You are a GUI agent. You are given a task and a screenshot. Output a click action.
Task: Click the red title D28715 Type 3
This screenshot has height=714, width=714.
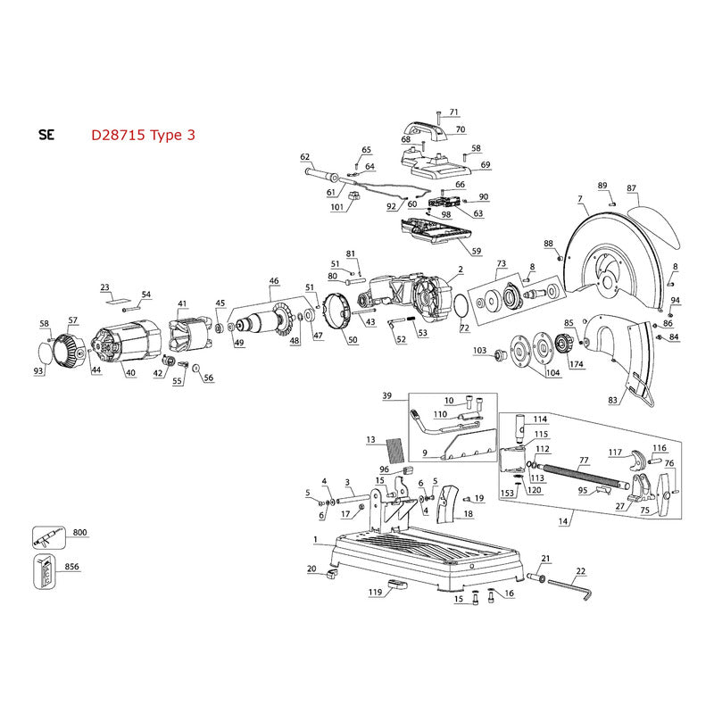point(143,136)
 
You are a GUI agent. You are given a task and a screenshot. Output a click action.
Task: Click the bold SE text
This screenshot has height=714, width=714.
point(46,136)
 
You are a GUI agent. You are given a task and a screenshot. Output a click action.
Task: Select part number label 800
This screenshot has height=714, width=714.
point(79,532)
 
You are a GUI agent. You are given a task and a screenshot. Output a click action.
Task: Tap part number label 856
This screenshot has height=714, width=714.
point(72,567)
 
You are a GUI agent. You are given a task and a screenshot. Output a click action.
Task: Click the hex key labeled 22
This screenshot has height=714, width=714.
point(570,589)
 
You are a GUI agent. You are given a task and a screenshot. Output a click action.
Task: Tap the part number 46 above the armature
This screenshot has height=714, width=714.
point(274,281)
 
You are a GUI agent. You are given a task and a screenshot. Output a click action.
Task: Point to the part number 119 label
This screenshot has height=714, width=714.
point(375,592)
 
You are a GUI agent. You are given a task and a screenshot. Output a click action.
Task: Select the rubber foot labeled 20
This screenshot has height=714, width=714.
point(332,573)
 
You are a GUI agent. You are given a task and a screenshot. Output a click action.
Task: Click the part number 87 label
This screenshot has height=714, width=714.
point(631,188)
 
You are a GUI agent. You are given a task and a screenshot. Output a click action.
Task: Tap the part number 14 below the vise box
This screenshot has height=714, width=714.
point(563,521)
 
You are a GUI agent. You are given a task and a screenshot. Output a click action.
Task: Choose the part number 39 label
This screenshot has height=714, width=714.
point(386,395)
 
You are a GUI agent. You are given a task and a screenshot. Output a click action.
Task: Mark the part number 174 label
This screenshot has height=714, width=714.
point(576,364)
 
